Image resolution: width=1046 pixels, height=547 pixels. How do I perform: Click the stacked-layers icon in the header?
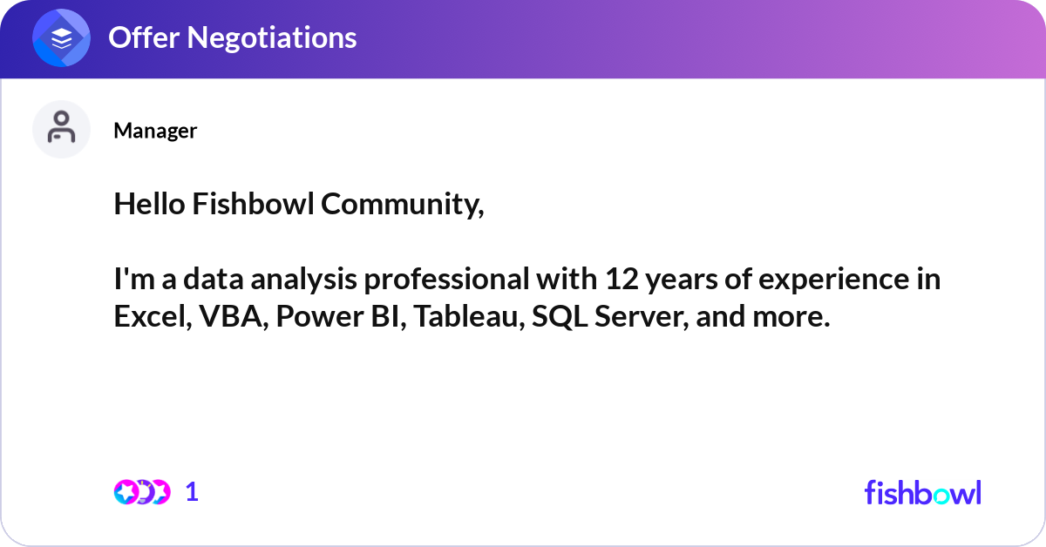click(x=62, y=37)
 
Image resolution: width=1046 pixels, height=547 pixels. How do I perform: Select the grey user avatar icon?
click(x=61, y=129)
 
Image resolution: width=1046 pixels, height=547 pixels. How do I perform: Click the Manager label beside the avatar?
click(x=155, y=131)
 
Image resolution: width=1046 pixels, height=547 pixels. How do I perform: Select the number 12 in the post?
click(x=613, y=280)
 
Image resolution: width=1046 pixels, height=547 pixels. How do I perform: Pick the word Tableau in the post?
click(x=467, y=317)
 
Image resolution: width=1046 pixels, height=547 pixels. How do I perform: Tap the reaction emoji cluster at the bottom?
click(x=141, y=492)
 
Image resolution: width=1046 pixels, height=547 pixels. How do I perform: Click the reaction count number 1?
click(x=192, y=492)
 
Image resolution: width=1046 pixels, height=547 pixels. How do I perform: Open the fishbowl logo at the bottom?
click(x=922, y=492)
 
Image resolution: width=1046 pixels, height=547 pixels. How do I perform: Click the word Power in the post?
click(x=315, y=317)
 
